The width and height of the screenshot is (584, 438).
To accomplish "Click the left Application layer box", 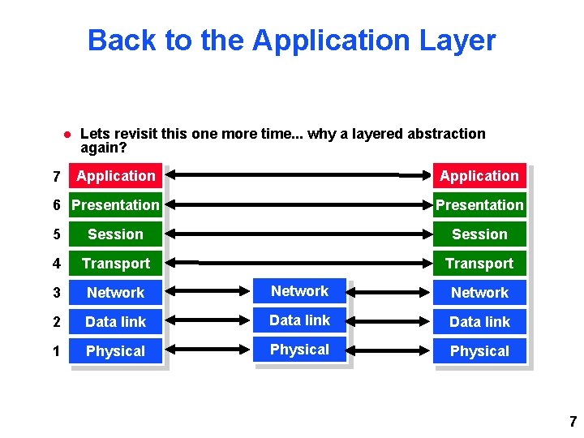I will (115, 176).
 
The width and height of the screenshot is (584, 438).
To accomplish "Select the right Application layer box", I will (479, 176).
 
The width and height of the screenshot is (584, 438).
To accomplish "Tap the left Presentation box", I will (115, 205).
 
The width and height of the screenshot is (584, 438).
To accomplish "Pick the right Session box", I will (479, 234).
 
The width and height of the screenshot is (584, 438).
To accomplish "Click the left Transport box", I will (115, 264).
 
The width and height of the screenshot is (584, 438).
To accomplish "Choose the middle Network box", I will (300, 291).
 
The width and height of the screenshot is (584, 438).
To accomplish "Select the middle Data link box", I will (300, 320).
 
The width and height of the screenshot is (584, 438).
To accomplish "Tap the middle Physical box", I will (300, 350).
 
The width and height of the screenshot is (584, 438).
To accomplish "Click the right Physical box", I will (479, 351).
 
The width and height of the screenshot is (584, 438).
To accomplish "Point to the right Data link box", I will (479, 322).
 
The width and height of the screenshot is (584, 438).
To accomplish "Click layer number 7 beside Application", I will (56, 177).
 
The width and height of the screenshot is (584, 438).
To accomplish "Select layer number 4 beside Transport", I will (56, 264).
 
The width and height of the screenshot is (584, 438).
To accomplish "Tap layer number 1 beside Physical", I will (56, 351).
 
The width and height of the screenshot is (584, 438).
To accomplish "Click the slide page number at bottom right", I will (573, 422).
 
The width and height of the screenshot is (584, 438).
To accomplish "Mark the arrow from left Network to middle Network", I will (212, 292).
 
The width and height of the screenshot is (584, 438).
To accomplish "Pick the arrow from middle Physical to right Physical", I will (391, 350).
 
